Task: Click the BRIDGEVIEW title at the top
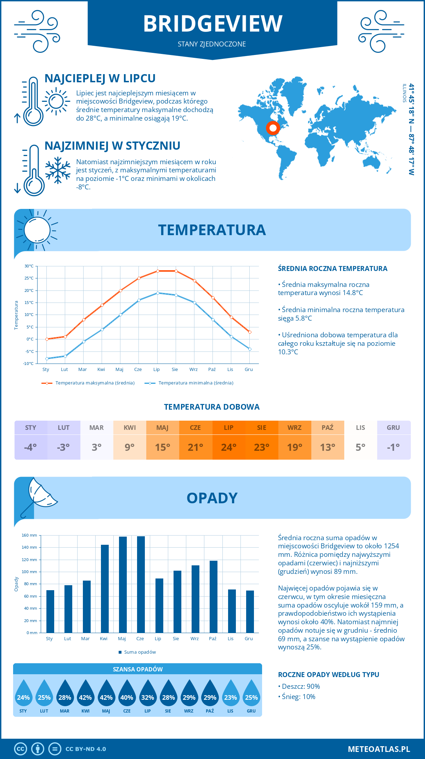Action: click(x=212, y=24)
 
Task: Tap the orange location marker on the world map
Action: click(x=273, y=128)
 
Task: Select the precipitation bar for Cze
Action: click(x=141, y=585)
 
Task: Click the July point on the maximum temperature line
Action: click(x=158, y=271)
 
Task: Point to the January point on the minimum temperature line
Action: click(x=47, y=359)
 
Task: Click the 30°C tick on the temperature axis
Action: click(x=29, y=266)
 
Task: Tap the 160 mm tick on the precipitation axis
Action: click(x=30, y=535)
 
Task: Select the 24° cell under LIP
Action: click(x=229, y=447)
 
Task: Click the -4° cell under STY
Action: click(x=30, y=447)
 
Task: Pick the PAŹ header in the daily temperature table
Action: click(x=328, y=428)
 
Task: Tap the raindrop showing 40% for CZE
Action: click(x=127, y=695)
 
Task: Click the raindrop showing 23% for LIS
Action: click(x=231, y=695)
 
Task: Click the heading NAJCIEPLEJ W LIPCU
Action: click(x=100, y=78)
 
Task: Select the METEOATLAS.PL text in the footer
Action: click(x=379, y=749)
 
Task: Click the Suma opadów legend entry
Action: click(x=140, y=652)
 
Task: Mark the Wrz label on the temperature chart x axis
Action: click(x=193, y=370)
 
